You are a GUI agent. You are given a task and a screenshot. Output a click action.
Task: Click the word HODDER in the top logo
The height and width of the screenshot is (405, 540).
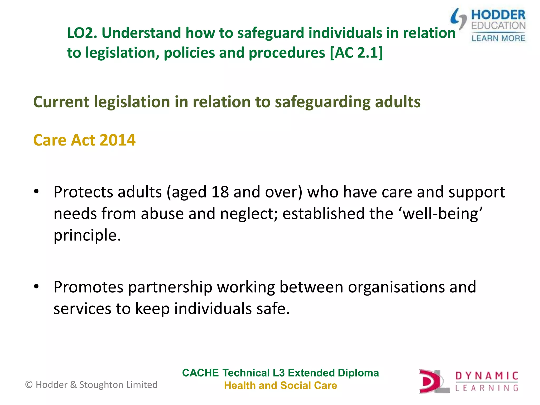[x=498, y=15]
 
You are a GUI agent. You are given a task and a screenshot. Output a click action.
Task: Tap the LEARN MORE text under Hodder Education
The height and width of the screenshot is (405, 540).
[x=498, y=38]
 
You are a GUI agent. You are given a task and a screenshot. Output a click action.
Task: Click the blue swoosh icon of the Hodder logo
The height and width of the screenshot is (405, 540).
[x=459, y=18]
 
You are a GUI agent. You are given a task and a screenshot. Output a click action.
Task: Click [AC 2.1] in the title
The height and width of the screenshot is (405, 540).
[x=356, y=53]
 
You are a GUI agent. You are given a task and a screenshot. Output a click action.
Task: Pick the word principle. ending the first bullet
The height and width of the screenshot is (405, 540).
[x=87, y=235]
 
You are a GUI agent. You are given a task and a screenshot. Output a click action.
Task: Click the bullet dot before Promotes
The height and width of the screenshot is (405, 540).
[x=36, y=286]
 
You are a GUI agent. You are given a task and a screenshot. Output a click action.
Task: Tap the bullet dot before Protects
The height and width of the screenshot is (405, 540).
[x=36, y=191]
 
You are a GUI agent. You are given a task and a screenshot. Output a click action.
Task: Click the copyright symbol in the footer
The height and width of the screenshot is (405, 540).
[x=29, y=385]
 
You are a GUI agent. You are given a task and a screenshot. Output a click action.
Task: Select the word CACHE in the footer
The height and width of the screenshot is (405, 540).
[x=200, y=373]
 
